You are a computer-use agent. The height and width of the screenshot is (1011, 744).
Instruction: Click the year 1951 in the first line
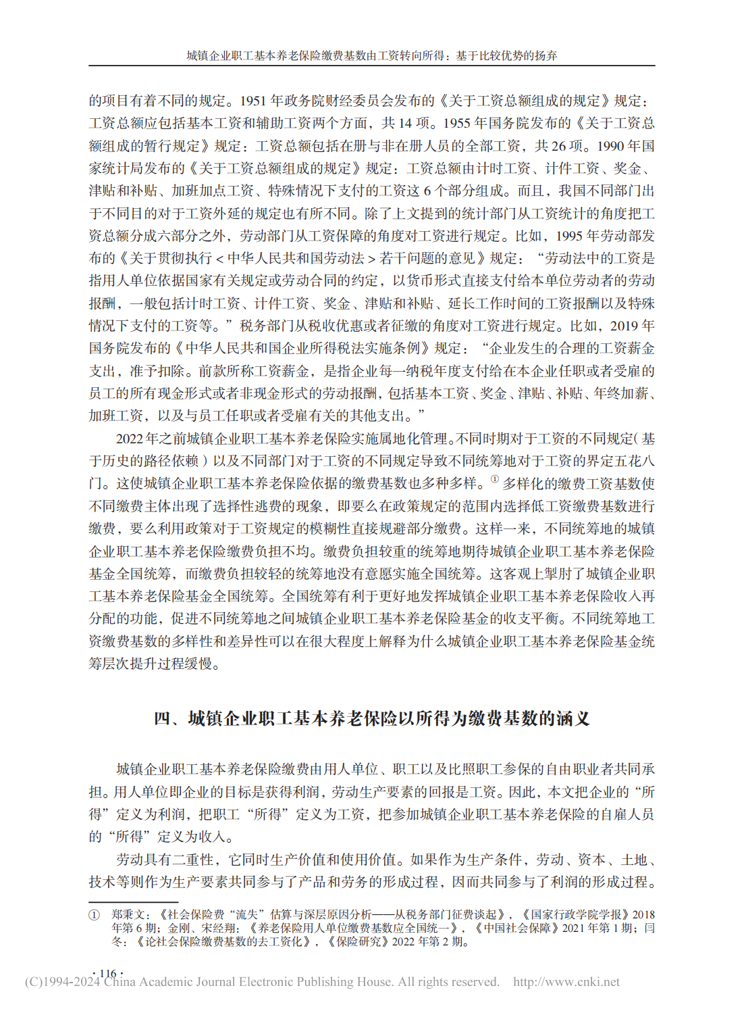253,101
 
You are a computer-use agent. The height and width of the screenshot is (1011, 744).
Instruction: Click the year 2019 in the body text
624,326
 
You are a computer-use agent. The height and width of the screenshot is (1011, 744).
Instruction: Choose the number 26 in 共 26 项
558,146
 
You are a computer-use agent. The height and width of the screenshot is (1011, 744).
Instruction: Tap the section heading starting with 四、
372,718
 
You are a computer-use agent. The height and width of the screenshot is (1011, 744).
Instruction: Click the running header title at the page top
372,55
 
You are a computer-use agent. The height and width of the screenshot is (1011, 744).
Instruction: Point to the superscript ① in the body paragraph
494,479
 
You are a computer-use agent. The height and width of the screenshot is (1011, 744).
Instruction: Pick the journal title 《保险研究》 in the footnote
358,941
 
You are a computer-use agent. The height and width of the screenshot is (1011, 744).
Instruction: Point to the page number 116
107,973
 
